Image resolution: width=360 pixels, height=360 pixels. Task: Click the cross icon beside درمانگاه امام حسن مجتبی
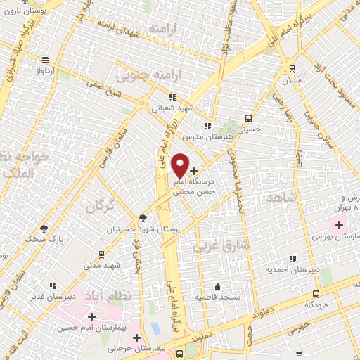[194, 171]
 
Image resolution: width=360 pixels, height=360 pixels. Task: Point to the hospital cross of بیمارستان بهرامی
[339, 226]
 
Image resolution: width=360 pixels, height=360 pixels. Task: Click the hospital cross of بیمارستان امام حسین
[91, 316]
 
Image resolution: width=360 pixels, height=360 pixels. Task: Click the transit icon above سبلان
[291, 70]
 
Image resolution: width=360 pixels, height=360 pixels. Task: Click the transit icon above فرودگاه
[316, 294]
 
